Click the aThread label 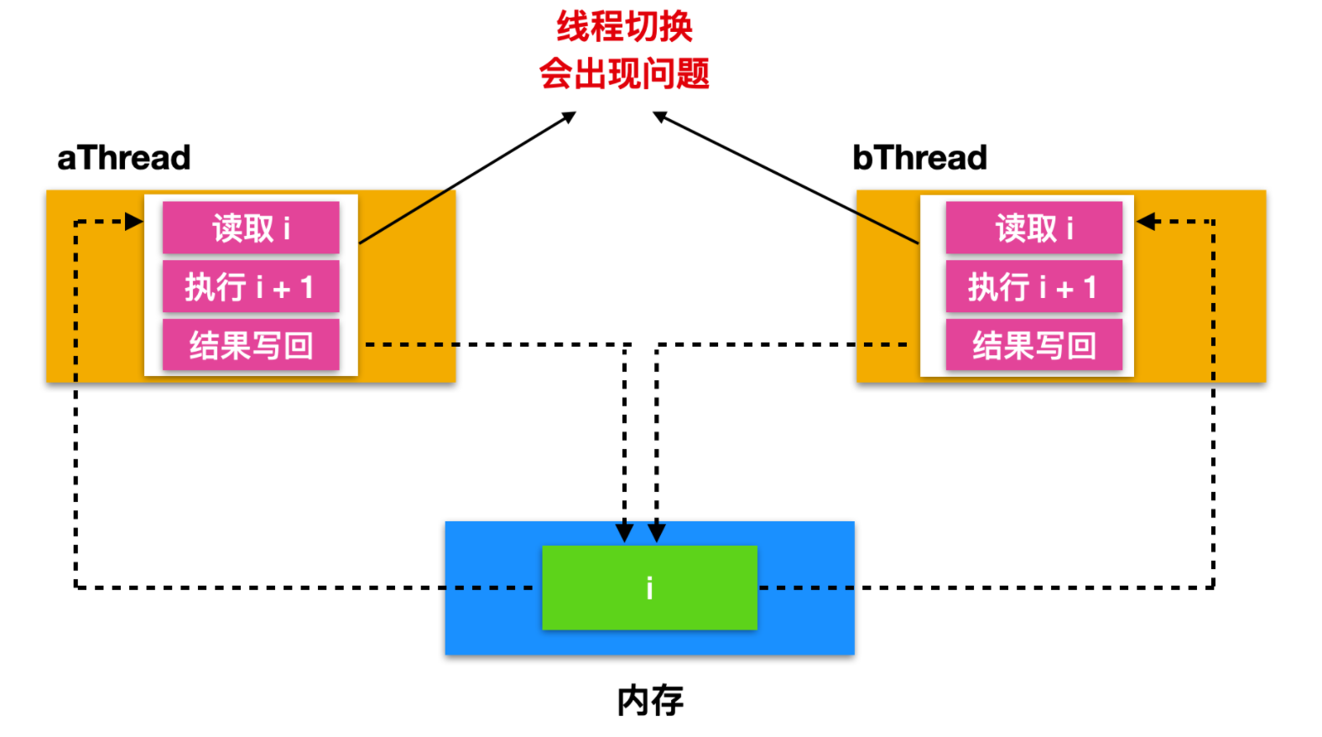(124, 158)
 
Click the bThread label (919, 158)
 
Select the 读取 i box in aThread (251, 227)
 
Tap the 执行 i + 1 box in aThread (251, 287)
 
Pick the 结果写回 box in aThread (251, 345)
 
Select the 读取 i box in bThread (1033, 227)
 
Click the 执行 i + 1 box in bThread (1033, 287)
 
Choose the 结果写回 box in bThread (1033, 345)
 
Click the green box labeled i (649, 588)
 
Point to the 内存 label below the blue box (650, 700)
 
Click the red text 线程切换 (625, 27)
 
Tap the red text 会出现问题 (625, 74)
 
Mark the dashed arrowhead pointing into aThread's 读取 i (134, 222)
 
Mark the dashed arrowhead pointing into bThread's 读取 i (1147, 222)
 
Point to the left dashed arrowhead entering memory (624, 532)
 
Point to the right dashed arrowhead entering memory (657, 532)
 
